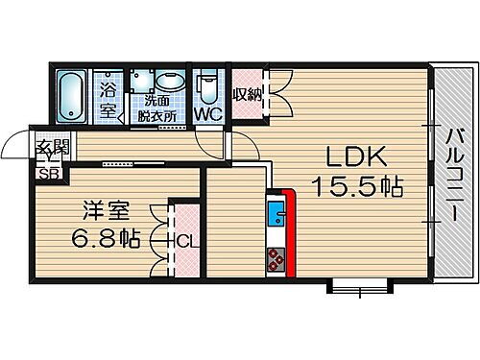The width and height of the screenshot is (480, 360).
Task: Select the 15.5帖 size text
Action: pos(353,184)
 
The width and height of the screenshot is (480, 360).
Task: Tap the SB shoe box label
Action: pos(46,174)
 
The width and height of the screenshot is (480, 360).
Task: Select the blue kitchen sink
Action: pos(276,212)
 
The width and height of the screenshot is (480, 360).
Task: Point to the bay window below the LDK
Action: pos(359,285)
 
